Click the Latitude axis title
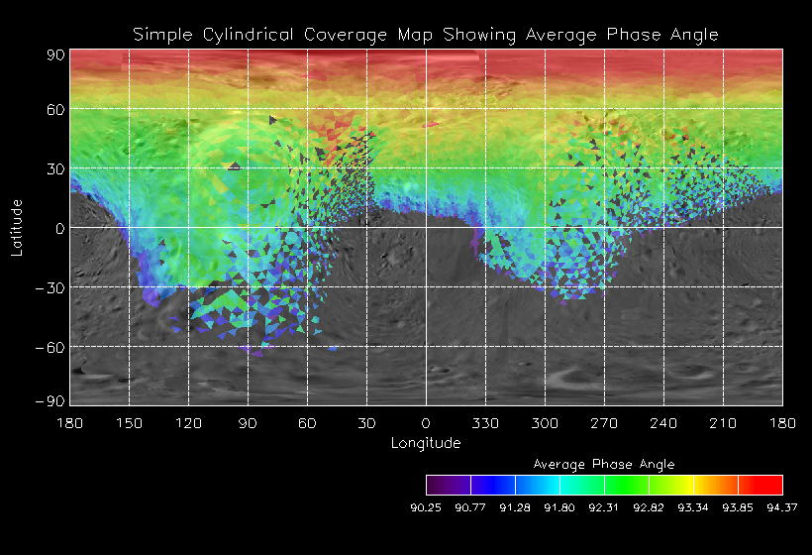16,227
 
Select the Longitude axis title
426,443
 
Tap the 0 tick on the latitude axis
59,228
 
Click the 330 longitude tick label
485,423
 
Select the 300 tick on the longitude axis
545,423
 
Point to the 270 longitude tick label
604,423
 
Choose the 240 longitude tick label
663,423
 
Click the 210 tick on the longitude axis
723,423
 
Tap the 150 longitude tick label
129,423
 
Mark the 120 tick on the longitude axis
188,423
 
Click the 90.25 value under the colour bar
426,508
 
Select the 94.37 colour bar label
782,508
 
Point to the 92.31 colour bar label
604,508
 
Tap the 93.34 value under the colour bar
693,508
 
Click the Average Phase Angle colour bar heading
604,464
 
